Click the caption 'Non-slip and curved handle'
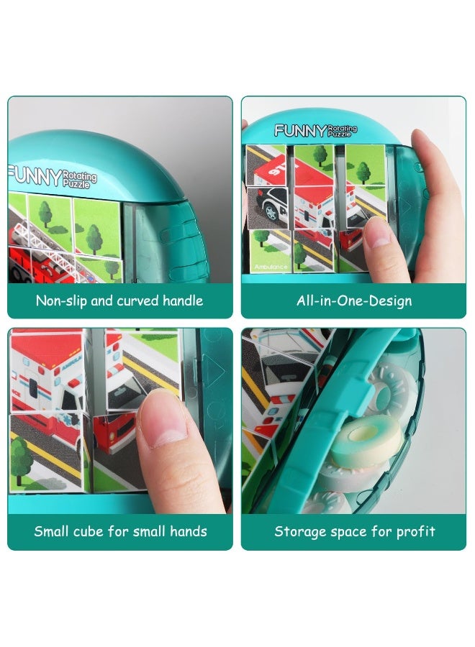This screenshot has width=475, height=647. point(119,300)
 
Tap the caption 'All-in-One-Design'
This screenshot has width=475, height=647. point(354,300)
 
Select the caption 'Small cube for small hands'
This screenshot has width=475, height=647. point(120,532)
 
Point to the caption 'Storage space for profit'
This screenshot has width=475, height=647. point(354,532)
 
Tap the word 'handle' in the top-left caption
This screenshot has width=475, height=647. point(181,300)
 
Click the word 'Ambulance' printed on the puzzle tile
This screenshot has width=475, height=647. point(271,267)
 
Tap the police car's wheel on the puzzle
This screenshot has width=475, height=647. point(272,211)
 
